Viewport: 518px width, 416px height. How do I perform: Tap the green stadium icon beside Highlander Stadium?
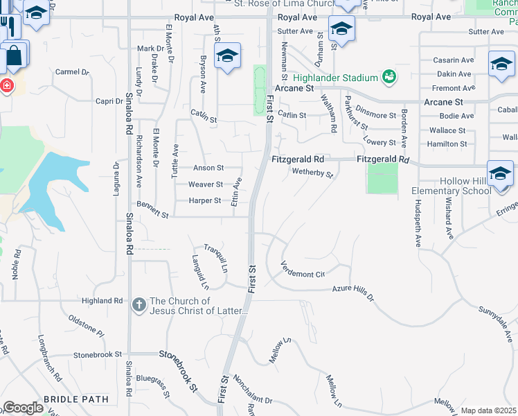click(x=389, y=76)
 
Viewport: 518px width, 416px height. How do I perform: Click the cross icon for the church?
click(x=139, y=304)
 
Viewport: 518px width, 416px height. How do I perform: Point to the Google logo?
click(x=23, y=408)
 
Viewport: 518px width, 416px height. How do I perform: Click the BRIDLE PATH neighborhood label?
click(x=76, y=399)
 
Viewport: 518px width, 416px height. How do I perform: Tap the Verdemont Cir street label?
click(x=303, y=270)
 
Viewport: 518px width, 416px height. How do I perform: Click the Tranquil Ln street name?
click(x=215, y=258)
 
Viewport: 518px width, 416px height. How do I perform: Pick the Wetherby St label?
click(x=312, y=173)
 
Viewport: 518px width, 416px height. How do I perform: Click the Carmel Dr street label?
click(x=73, y=71)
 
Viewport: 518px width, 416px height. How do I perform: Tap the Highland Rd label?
click(x=102, y=301)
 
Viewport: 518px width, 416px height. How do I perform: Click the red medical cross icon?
click(x=6, y=87)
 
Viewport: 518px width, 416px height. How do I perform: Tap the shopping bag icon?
click(x=14, y=54)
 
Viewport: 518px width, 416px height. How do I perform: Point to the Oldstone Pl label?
click(x=86, y=324)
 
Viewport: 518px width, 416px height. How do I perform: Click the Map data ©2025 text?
click(x=488, y=410)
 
